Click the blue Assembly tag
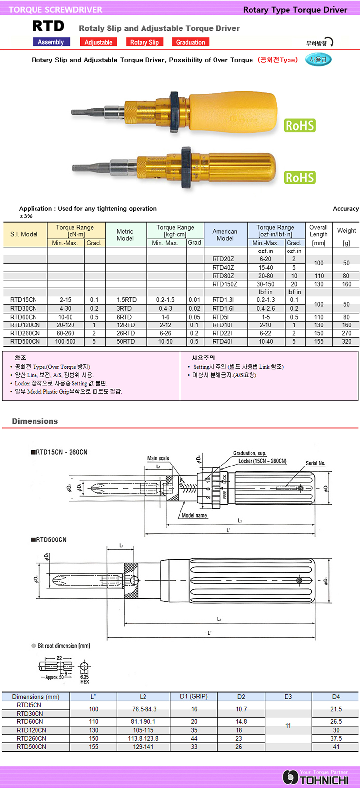coord(51,42)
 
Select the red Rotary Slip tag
coord(144,42)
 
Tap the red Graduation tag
coord(190,42)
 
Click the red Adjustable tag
coord(99,42)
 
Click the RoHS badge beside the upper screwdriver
coord(300,125)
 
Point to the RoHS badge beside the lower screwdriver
coord(300,177)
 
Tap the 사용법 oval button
coord(318,60)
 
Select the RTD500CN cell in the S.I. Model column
coord(25,341)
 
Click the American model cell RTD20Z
coord(223,259)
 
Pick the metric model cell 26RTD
coord(125,333)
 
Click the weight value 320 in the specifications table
coord(346,341)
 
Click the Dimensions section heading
coord(35,421)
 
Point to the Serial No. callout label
coord(316,463)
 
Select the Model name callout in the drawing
coord(194,515)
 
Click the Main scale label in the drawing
coord(158,458)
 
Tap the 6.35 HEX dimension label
coord(85,679)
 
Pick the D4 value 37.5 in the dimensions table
coord(336,738)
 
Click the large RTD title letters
coord(48,26)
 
